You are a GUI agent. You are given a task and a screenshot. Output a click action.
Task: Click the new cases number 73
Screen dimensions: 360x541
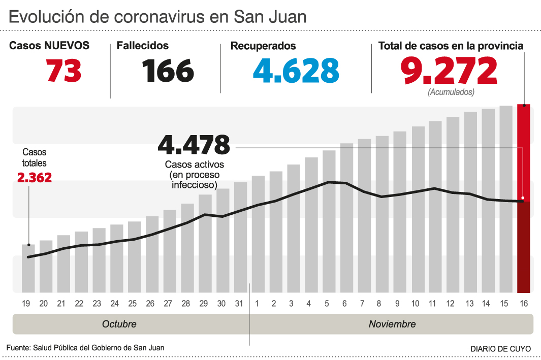(x=64, y=70)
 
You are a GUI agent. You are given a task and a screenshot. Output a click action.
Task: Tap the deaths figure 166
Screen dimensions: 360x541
(x=168, y=70)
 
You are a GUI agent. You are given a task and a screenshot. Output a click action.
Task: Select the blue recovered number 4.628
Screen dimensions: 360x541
(x=296, y=70)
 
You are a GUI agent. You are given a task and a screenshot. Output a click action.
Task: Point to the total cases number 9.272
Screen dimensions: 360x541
(x=449, y=70)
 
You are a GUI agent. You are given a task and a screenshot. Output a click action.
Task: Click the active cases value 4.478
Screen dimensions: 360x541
(x=194, y=145)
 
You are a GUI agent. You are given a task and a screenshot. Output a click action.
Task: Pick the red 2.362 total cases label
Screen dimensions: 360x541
(x=35, y=178)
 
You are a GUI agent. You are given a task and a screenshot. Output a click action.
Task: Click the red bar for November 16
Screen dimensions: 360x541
(x=524, y=198)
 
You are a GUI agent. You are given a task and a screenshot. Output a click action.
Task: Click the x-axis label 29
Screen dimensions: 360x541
(x=203, y=304)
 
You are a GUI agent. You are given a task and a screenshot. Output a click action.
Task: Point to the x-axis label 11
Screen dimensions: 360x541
(x=433, y=304)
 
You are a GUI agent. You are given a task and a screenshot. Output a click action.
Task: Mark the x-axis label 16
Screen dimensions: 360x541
(x=524, y=304)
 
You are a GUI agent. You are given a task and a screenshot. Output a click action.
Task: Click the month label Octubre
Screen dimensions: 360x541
(x=119, y=324)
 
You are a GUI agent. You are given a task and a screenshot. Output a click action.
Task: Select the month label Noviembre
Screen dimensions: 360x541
(x=392, y=324)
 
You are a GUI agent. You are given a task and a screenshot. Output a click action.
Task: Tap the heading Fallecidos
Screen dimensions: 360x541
(x=143, y=46)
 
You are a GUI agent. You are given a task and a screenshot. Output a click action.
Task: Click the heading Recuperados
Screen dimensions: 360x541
(x=263, y=46)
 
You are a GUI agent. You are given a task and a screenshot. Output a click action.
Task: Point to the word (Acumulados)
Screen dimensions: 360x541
(x=451, y=92)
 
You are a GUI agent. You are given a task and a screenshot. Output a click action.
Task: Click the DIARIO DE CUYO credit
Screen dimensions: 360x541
(x=501, y=349)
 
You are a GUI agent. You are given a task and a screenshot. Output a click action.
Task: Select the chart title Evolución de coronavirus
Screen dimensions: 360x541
(x=157, y=17)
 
